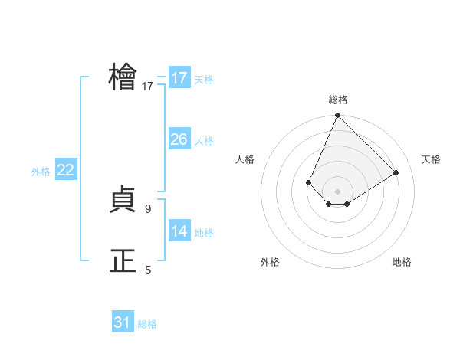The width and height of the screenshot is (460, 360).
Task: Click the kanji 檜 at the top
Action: (x=123, y=77)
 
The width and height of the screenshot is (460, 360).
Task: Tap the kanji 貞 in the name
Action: (x=123, y=201)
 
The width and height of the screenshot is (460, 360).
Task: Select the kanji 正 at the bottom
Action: (x=123, y=260)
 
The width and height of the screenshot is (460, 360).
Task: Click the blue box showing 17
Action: (x=179, y=78)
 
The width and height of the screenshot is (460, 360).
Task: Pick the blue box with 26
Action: (x=179, y=139)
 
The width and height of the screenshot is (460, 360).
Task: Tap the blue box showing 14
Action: (x=179, y=231)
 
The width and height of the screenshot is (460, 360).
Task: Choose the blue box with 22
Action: (x=65, y=170)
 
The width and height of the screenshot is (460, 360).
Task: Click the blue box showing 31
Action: (x=123, y=322)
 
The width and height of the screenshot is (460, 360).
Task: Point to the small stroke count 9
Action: (x=148, y=208)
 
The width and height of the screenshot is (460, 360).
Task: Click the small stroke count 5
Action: (x=148, y=270)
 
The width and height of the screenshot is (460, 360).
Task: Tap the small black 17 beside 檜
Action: (x=148, y=87)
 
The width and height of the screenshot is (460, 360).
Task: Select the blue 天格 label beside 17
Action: (x=204, y=80)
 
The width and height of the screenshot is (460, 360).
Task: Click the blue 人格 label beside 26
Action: (x=204, y=141)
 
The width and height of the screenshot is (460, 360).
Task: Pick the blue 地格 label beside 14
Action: (x=204, y=233)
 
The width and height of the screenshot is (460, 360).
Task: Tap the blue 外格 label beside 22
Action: (x=41, y=172)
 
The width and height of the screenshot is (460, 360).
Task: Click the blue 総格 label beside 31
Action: (x=147, y=324)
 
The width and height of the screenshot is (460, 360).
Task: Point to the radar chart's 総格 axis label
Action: (x=337, y=100)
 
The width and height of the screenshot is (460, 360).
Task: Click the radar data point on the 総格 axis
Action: (x=337, y=116)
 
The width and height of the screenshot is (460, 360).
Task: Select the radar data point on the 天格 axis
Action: (x=396, y=172)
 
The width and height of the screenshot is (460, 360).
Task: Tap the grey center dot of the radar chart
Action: (x=337, y=191)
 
